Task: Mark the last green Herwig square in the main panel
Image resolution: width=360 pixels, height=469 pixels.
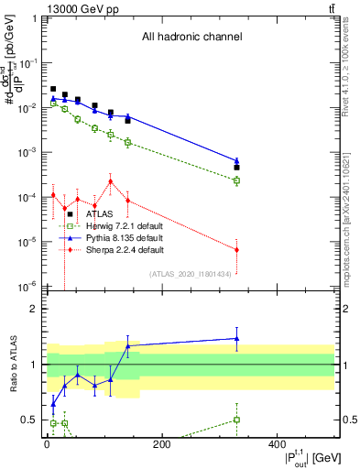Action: coord(236,180)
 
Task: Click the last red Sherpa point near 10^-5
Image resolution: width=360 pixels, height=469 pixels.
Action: coord(236,249)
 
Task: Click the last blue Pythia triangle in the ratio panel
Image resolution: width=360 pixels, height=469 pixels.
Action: coord(236,338)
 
